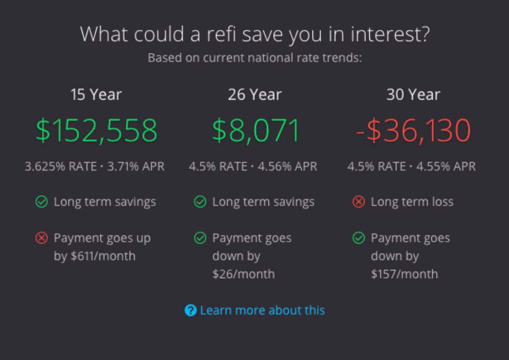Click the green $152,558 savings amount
pyautogui.click(x=97, y=130)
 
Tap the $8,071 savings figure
pyautogui.click(x=256, y=130)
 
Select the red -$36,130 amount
pyautogui.click(x=413, y=130)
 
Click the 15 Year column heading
pyautogui.click(x=96, y=94)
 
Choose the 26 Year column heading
pyautogui.click(x=255, y=94)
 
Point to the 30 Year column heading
pyautogui.click(x=413, y=94)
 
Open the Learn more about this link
pyautogui.click(x=262, y=310)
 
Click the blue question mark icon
pyautogui.click(x=190, y=310)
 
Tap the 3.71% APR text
pyautogui.click(x=136, y=167)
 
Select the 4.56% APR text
pyautogui.click(x=287, y=167)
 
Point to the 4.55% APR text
pyautogui.click(x=446, y=167)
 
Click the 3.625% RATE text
pyautogui.click(x=61, y=167)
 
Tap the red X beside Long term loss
pyautogui.click(x=359, y=202)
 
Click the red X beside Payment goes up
pyautogui.click(x=42, y=238)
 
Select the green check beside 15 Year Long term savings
pyautogui.click(x=42, y=202)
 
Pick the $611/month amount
pyautogui.click(x=103, y=256)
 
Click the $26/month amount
pyautogui.click(x=243, y=274)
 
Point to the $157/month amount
pyautogui.click(x=404, y=274)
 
